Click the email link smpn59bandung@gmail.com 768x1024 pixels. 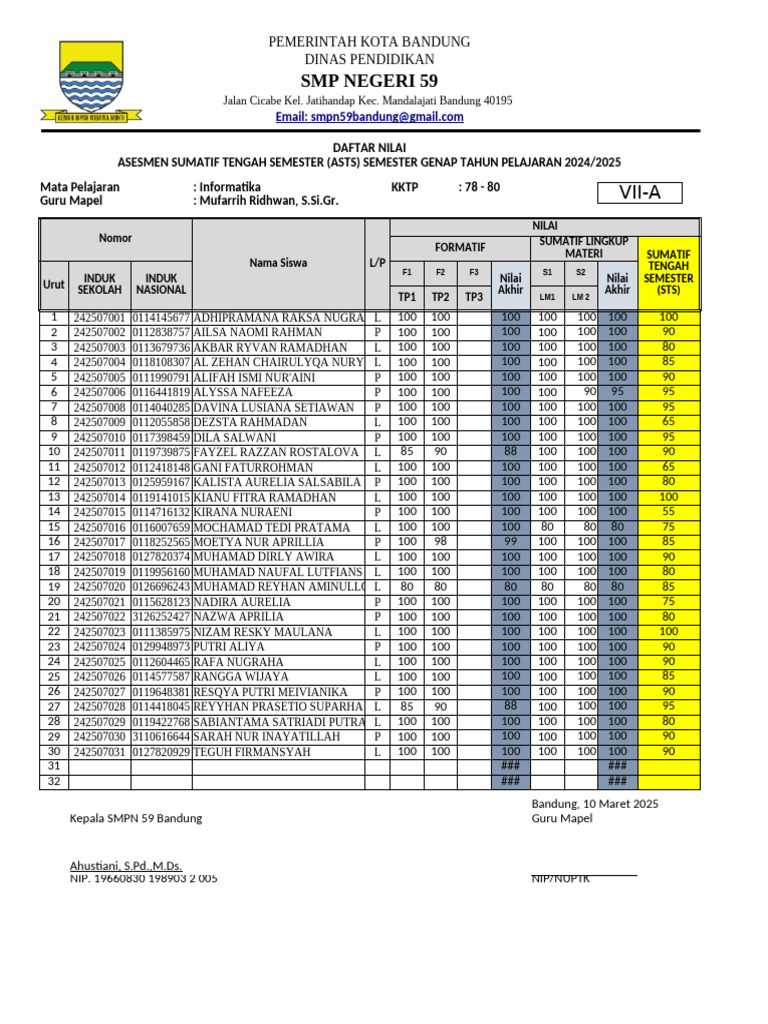(369, 117)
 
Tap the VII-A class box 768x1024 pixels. (639, 193)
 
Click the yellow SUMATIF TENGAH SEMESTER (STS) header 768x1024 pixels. (668, 272)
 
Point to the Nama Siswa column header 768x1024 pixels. (278, 263)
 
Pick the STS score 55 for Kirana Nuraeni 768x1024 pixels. (668, 512)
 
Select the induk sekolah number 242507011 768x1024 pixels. (100, 452)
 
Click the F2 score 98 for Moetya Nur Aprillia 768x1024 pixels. (440, 542)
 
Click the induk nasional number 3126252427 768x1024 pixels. (161, 617)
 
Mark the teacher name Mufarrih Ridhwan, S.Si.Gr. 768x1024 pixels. (268, 201)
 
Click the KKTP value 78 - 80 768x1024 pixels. (479, 187)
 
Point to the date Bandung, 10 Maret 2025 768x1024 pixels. (595, 803)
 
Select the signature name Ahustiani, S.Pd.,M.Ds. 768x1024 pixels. (125, 865)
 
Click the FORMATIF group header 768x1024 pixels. (460, 246)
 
